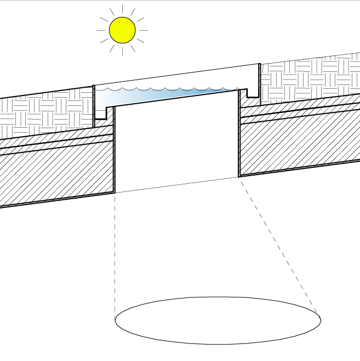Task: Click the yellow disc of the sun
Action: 122,30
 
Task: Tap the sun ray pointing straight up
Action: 122,10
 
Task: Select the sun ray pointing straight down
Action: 122,50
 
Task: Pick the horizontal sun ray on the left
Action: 102,30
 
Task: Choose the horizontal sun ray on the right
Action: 142,30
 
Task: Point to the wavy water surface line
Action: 164,88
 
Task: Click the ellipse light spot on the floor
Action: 218,321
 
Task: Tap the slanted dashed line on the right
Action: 279,247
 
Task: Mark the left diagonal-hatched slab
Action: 55,176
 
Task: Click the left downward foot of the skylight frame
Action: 101,112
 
